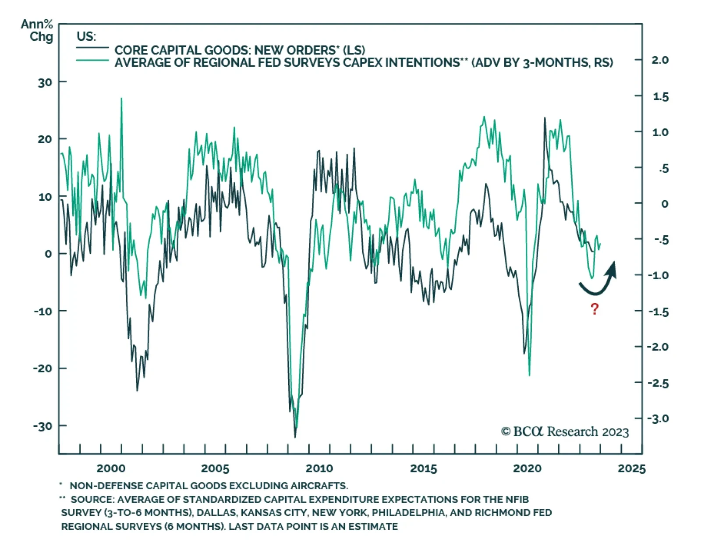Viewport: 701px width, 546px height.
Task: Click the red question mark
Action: click(x=594, y=309)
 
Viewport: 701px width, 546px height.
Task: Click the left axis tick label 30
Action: click(x=45, y=82)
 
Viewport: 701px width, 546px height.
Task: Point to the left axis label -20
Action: click(x=43, y=369)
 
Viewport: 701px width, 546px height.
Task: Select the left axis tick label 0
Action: click(x=48, y=254)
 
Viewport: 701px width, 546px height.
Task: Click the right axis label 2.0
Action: click(x=660, y=60)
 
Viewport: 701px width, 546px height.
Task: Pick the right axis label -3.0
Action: click(x=658, y=418)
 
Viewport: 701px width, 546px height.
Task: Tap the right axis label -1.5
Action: click(x=658, y=312)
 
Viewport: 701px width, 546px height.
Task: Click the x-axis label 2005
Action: click(x=215, y=468)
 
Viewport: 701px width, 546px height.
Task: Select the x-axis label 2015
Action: click(x=423, y=468)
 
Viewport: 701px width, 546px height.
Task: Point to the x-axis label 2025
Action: click(x=631, y=468)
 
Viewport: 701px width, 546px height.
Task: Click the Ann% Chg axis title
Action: click(x=37, y=30)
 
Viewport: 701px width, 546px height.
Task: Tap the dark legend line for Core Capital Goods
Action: click(x=92, y=48)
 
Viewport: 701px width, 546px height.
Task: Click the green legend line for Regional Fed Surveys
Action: click(x=92, y=60)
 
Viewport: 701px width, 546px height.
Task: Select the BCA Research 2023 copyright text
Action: click(x=565, y=432)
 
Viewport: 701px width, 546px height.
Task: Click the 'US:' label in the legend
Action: click(x=86, y=36)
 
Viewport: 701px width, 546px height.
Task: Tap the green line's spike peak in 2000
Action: click(x=121, y=99)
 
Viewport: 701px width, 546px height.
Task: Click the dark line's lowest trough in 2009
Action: click(x=295, y=437)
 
